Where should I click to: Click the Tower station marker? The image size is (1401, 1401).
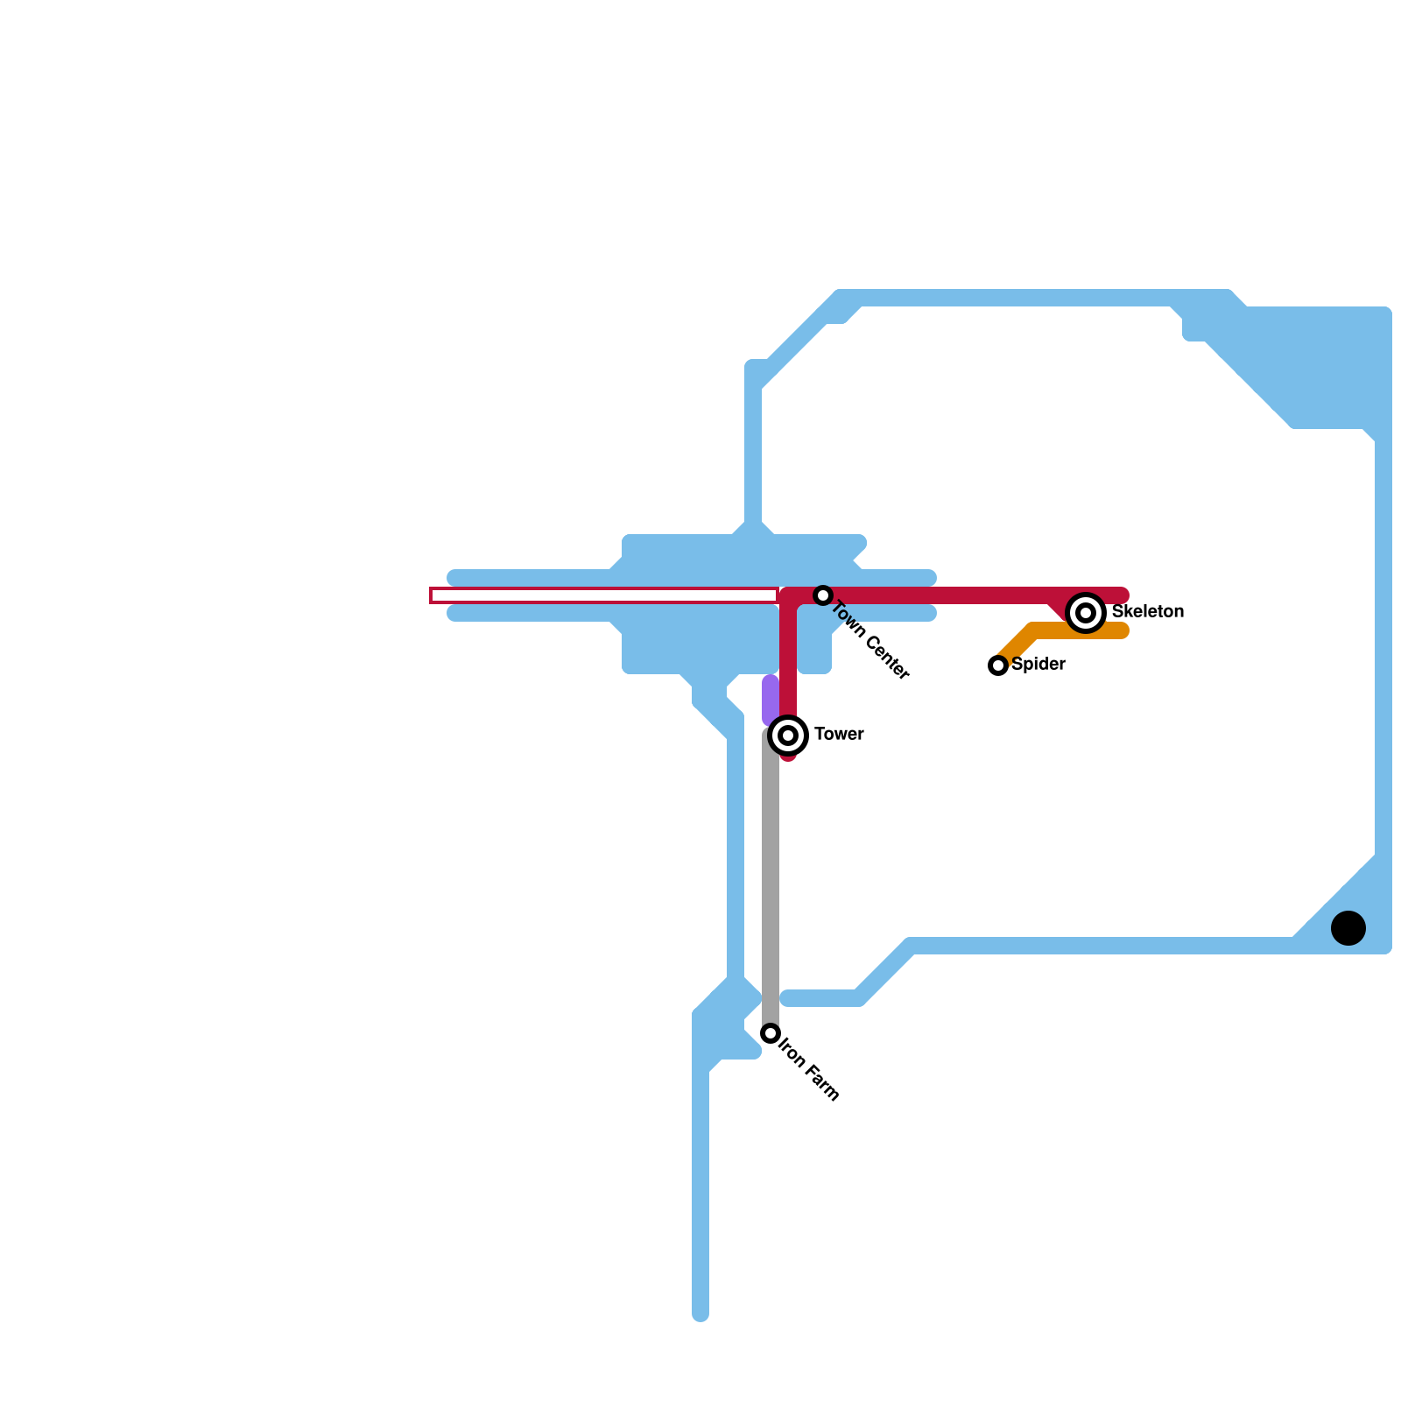788,736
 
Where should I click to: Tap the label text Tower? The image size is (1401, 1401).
839,735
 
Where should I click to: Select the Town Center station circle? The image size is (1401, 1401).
822,595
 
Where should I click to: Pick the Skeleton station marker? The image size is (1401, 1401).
1086,613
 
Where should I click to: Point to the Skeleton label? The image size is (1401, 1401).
1147,612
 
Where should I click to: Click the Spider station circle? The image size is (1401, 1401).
998,665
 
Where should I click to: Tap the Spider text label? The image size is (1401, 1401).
1038,665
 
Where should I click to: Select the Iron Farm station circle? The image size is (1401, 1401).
771,1033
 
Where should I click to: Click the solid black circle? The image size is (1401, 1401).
1348,928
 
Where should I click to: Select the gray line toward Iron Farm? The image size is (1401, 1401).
771,876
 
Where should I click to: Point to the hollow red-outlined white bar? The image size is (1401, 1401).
604,595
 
